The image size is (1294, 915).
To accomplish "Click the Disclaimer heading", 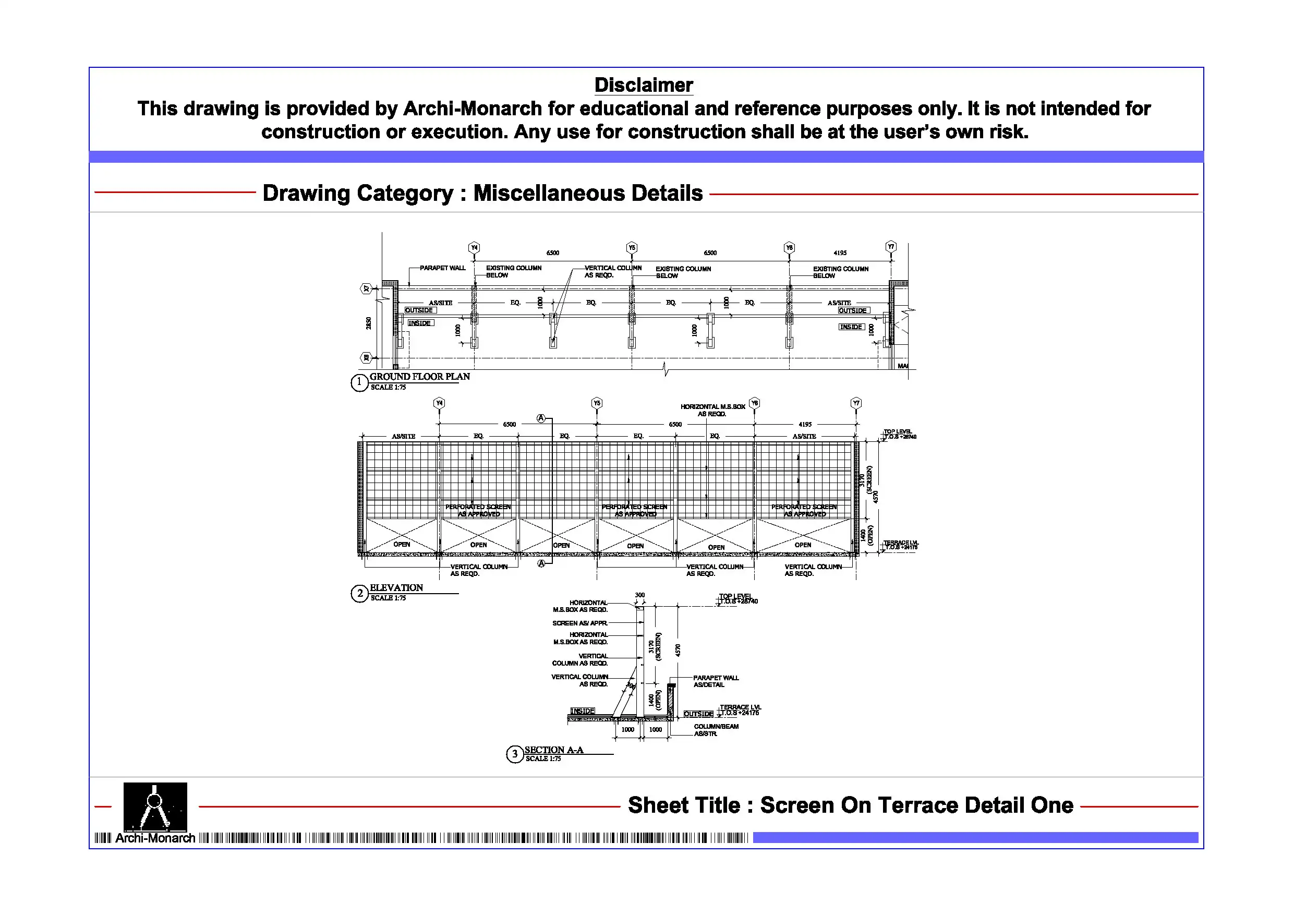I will (643, 85).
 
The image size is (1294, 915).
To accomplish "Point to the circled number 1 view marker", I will (359, 383).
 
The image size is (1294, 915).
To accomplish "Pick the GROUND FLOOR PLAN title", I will (419, 377).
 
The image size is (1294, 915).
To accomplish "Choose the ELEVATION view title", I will (396, 587).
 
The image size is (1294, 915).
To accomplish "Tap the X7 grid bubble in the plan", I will (366, 288).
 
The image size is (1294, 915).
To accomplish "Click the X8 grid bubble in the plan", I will (366, 357).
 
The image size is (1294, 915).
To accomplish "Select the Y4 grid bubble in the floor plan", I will (474, 247).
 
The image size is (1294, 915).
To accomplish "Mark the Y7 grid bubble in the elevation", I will (856, 403).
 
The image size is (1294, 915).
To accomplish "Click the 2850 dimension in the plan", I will (369, 323).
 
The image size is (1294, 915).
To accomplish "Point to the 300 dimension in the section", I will (639, 595).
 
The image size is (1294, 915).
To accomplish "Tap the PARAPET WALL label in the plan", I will (442, 268).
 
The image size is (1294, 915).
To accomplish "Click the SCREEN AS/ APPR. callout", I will (579, 623).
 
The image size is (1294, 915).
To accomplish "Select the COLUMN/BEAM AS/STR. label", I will (715, 730).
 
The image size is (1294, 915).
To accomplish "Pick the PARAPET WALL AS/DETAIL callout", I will (715, 681).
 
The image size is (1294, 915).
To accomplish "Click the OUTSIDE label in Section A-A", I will (698, 714).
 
